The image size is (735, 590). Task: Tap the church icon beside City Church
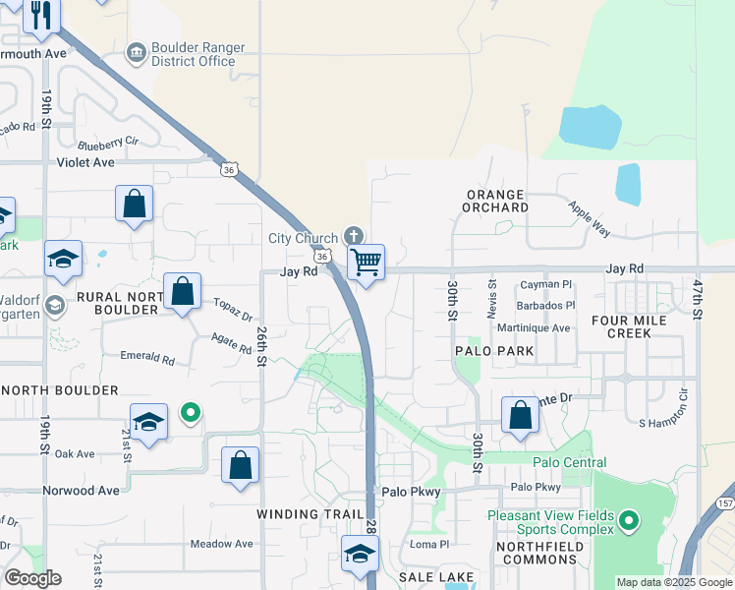(355, 236)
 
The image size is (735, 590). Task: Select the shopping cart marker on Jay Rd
(366, 263)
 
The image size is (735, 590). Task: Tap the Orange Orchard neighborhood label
(496, 201)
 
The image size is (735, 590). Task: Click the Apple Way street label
(590, 217)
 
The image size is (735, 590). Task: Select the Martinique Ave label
(534, 328)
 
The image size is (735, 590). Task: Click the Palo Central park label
(570, 462)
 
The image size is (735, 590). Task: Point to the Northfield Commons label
(537, 553)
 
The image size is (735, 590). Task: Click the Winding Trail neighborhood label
(302, 514)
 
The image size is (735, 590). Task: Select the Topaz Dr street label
(234, 310)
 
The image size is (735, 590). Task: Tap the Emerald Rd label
(146, 358)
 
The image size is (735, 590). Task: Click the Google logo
(32, 578)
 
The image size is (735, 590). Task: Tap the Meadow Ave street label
(222, 544)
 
